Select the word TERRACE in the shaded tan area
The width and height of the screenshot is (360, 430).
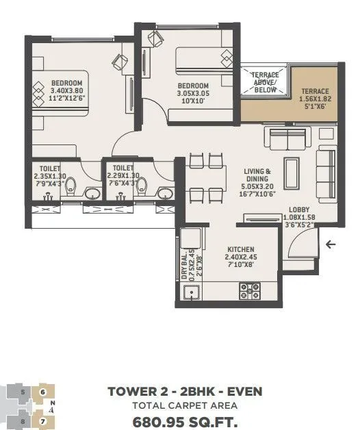(315, 91)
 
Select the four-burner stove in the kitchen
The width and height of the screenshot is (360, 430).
(247, 291)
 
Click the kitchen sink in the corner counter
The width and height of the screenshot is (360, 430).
(192, 295)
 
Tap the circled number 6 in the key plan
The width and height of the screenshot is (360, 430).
(42, 392)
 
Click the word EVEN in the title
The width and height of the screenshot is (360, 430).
(239, 392)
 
